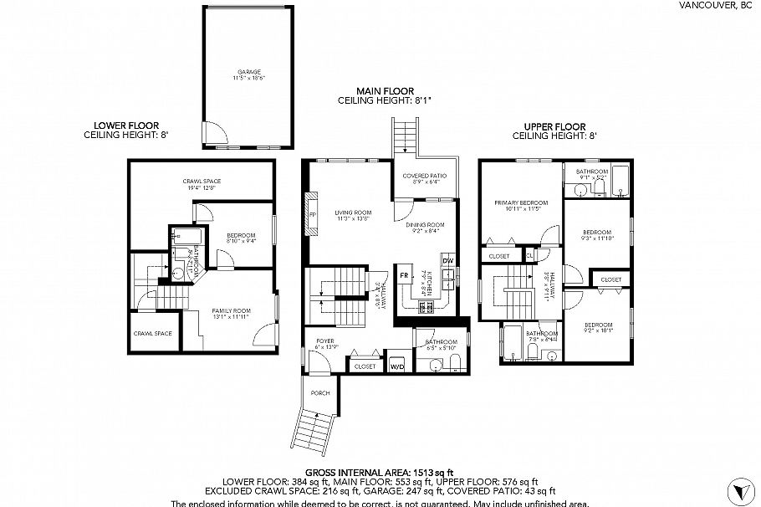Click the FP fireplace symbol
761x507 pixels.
313,215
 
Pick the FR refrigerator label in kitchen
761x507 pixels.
404,275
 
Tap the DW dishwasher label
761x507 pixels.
448,261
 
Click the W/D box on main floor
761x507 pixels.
397,366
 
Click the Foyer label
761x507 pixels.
325,342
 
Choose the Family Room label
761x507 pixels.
230,312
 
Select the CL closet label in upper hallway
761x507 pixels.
529,256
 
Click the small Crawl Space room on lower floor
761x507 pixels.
152,333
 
